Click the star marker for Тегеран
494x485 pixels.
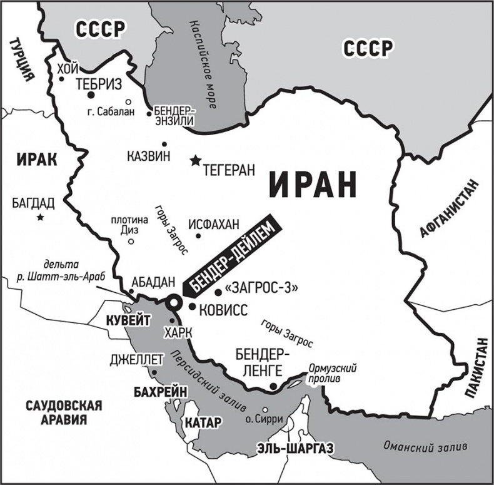click(x=196, y=160)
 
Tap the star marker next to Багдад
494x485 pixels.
click(x=41, y=217)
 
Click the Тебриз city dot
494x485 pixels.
click(x=91, y=94)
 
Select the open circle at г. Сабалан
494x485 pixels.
click(x=128, y=101)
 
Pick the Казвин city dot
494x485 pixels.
click(x=164, y=143)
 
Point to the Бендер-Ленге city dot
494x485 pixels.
click(x=273, y=385)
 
